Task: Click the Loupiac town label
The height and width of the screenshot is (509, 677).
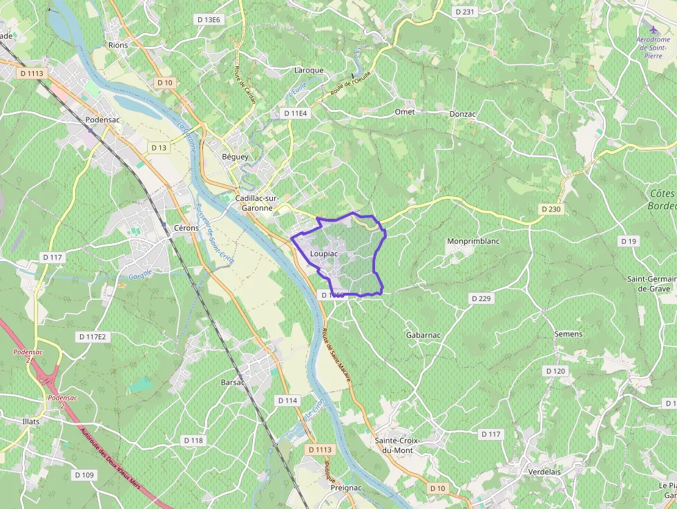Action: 324,253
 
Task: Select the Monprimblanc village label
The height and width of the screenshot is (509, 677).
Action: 473,241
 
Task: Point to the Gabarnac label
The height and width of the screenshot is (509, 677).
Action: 423,335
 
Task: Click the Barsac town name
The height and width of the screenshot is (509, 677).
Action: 233,381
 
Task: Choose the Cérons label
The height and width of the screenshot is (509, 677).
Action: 187,228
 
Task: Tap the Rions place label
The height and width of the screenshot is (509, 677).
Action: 118,45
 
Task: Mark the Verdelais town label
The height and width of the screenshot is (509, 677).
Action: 544,471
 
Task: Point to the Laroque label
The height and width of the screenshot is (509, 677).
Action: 309,70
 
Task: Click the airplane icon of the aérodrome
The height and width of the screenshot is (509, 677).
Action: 654,29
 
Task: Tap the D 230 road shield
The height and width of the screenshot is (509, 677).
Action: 551,209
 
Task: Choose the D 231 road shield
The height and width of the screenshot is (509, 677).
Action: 466,12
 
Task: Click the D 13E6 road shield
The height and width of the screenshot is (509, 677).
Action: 209,20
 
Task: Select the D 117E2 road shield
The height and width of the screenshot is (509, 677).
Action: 92,336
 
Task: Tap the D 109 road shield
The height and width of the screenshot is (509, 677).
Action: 84,474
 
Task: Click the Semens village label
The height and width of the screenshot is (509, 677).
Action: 568,334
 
